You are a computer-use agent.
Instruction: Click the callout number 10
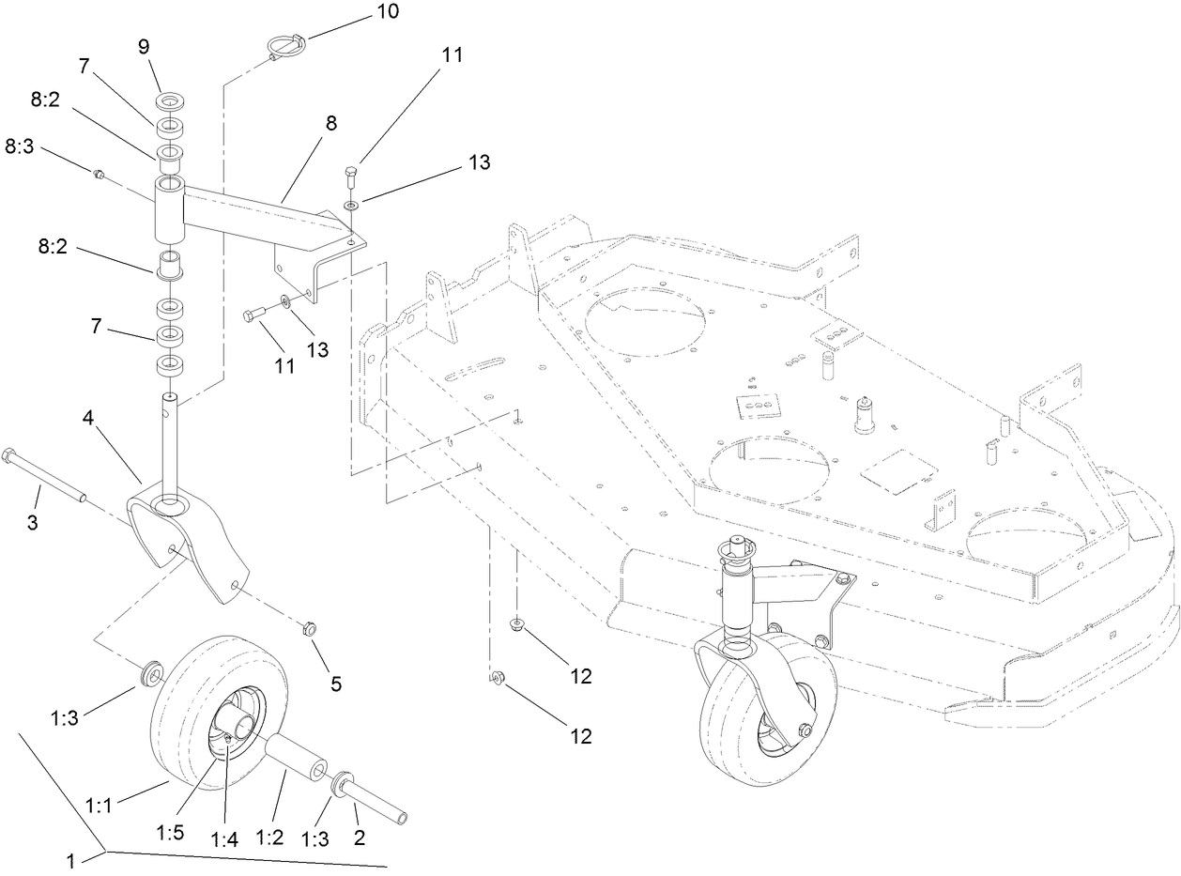point(360,12)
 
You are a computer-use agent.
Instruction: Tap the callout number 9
point(145,47)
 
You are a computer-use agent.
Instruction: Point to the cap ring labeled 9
point(171,100)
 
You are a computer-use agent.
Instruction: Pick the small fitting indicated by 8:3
point(97,173)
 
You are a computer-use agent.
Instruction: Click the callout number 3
point(32,522)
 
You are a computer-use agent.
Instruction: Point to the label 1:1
point(100,805)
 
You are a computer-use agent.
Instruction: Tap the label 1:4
point(224,839)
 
